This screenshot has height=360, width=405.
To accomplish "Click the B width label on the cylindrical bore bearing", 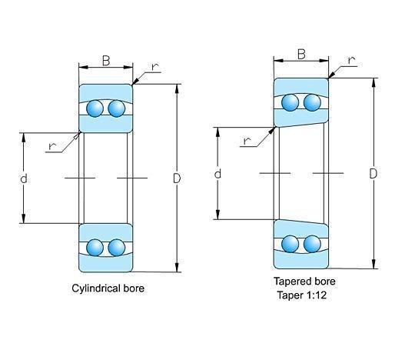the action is [106, 61].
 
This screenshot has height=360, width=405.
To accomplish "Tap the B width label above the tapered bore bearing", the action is [301, 54].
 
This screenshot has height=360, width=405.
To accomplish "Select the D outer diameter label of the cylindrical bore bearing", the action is [177, 178].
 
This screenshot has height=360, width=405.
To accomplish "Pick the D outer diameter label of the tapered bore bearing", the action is [373, 174].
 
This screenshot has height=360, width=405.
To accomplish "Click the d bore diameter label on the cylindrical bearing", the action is [24, 178].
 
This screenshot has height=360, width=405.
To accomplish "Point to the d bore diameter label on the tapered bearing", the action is [217, 174].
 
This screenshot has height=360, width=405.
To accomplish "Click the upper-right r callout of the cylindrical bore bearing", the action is [155, 67].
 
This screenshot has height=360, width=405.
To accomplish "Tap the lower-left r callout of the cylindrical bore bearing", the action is [52, 146].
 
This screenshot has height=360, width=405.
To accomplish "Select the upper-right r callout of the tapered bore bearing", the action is [351, 61].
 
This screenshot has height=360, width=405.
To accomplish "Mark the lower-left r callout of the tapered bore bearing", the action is [247, 141].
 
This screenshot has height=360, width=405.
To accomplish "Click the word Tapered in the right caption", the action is [292, 282].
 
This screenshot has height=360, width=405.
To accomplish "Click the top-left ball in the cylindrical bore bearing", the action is [95, 108].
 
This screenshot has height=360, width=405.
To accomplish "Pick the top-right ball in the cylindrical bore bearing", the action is [117, 108].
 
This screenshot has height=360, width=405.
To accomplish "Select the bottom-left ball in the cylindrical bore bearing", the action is [95, 248].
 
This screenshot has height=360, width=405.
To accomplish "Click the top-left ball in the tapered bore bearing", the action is [290, 102].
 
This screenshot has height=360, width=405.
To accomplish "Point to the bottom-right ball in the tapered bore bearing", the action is [312, 244].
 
